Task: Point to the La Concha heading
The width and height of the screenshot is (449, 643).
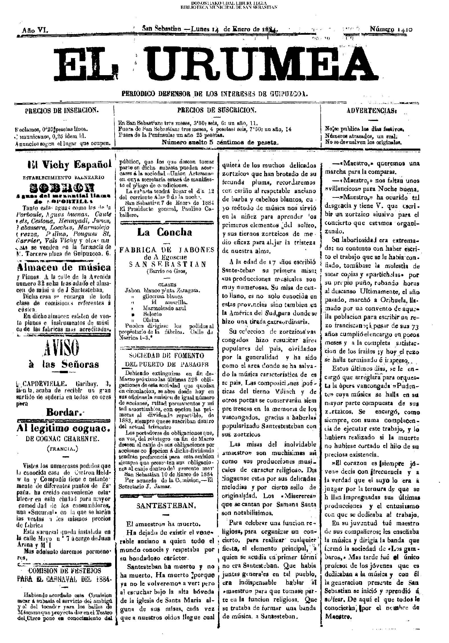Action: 164,232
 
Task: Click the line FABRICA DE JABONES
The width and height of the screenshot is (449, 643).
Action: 167,250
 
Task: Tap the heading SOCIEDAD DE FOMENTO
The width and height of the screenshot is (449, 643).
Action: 167,356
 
